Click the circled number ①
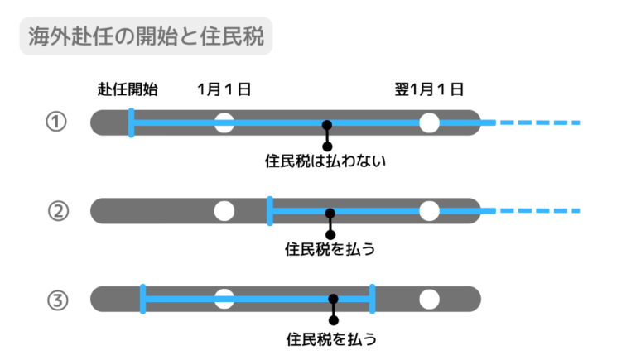[x=55, y=122]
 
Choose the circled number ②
[x=55, y=211]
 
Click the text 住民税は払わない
[x=326, y=161]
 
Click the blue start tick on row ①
[x=131, y=122]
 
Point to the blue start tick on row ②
[x=270, y=211]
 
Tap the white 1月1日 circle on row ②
[x=224, y=211]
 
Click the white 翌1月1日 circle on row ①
[x=429, y=122]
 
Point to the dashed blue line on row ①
[x=538, y=122]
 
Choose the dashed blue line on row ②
[x=538, y=211]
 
